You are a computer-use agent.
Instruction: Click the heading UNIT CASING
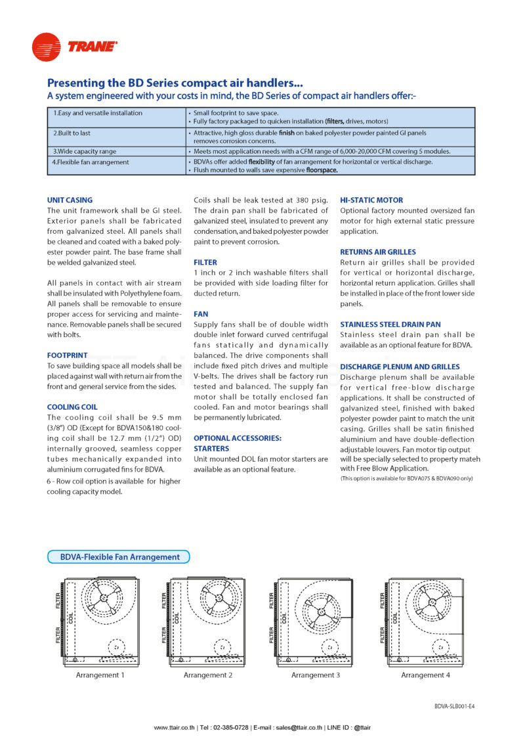(x=70, y=200)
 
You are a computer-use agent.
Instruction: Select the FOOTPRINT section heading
(x=67, y=355)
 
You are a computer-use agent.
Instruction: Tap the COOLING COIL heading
(x=72, y=407)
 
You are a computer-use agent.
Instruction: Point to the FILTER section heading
(x=205, y=262)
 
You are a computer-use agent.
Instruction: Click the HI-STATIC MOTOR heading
(x=371, y=200)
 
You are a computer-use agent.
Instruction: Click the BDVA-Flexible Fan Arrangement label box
(x=119, y=557)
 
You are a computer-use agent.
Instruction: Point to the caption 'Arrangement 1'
(x=100, y=675)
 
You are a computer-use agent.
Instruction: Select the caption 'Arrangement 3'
(x=316, y=675)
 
